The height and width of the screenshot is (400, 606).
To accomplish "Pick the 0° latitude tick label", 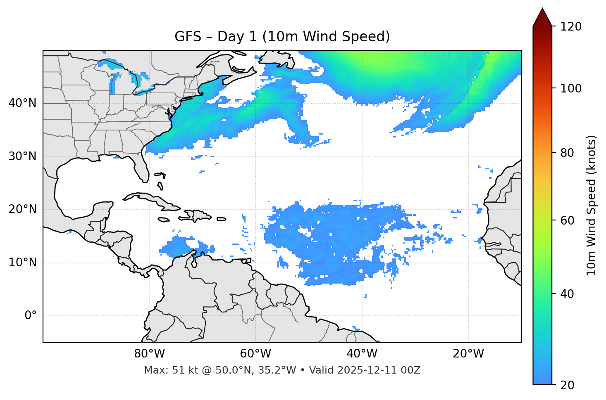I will tap(31, 316).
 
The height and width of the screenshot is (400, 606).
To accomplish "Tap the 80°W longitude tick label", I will tap(149, 354).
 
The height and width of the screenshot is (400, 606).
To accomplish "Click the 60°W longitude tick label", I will tap(255, 354).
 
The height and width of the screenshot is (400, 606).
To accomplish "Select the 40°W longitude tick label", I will tap(362, 354).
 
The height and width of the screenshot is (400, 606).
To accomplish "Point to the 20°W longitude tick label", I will tap(468, 354).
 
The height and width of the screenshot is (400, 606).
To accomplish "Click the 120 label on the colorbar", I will tap(571, 27).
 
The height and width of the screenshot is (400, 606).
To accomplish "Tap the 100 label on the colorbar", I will tap(571, 88).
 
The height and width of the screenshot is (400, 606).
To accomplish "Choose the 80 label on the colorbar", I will tap(568, 153).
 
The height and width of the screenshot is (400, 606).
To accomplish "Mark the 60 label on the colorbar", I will tap(568, 220).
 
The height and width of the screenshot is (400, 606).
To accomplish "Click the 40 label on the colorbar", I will tap(568, 294).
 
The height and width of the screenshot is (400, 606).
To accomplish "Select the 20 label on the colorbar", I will tap(568, 385).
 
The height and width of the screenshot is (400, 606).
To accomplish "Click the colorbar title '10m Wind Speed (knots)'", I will tap(592, 205).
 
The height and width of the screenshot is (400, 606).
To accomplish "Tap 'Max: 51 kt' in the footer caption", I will tap(162, 370).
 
